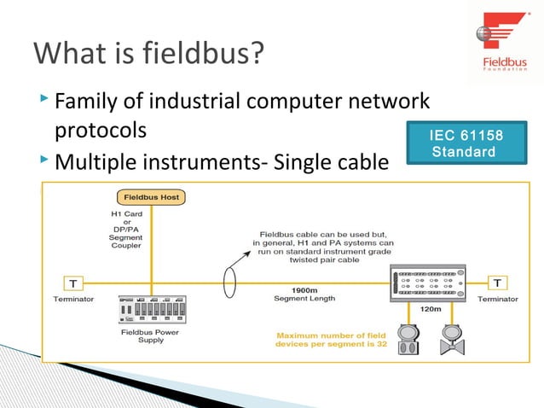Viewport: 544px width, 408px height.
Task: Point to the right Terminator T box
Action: click(x=497, y=283)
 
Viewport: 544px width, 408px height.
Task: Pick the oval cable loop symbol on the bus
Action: click(x=229, y=283)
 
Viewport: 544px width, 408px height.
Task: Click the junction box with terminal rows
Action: click(x=426, y=283)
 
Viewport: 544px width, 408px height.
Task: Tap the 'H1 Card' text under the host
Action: click(x=126, y=214)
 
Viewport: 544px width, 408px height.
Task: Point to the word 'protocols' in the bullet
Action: click(x=101, y=132)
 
